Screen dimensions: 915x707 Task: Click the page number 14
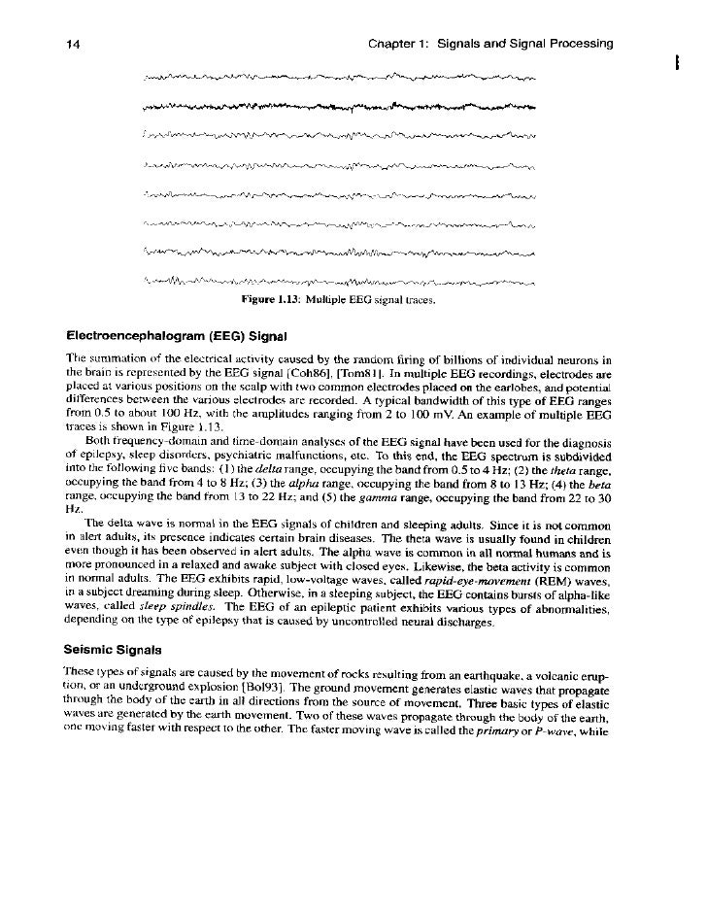pyautogui.click(x=71, y=44)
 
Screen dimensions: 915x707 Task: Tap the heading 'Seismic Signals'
pyautogui.click(x=113, y=645)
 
